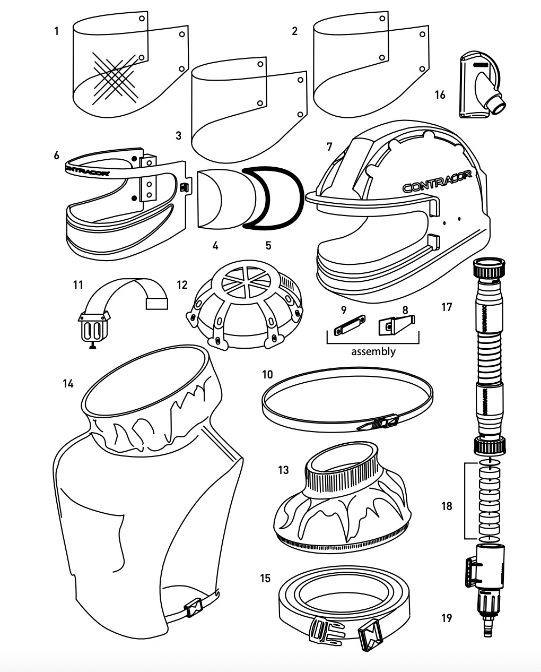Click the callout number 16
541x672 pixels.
440,95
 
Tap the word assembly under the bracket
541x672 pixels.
373,351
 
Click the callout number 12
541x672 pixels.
182,285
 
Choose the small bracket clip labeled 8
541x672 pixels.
395,325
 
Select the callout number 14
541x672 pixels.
67,383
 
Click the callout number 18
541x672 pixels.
447,506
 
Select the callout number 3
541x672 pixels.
179,136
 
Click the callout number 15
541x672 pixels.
265,578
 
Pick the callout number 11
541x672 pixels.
78,285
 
